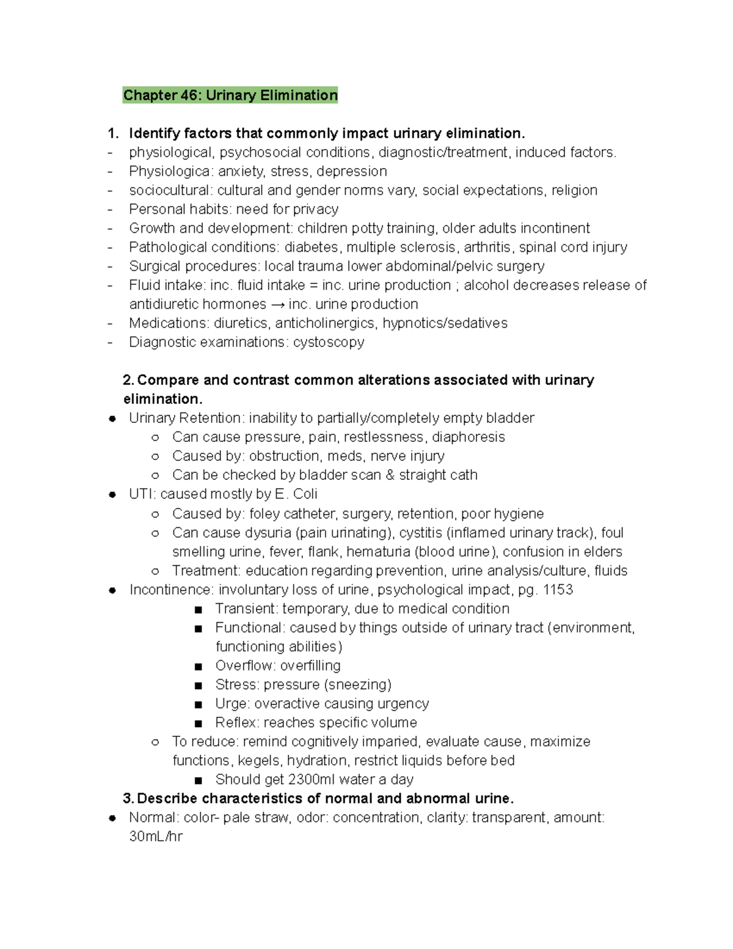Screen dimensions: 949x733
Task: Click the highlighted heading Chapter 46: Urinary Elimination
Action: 230,95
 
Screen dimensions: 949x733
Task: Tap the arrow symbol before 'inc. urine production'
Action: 277,304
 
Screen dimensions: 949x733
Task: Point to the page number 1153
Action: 558,590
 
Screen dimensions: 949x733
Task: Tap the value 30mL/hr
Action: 156,837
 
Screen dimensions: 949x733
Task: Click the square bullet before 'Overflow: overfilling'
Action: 198,666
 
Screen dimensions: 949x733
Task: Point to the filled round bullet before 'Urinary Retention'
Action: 112,419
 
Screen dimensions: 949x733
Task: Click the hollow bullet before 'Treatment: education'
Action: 155,571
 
